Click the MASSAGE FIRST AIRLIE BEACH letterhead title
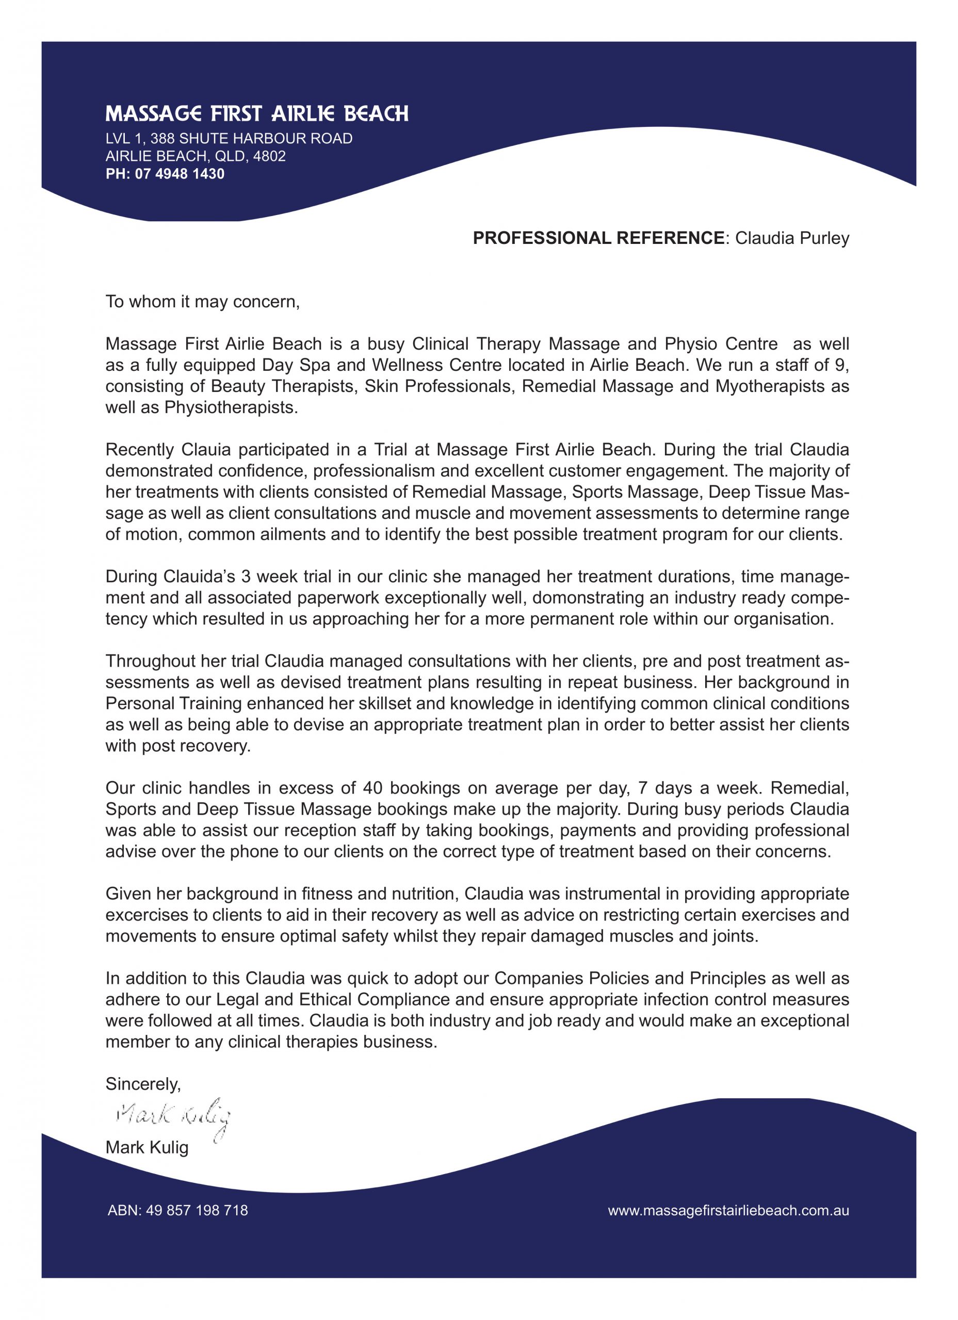tap(257, 113)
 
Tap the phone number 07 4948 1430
tap(180, 174)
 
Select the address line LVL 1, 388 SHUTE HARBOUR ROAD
tap(229, 139)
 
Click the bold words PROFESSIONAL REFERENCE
tap(598, 238)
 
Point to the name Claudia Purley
tap(792, 238)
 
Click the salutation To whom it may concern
tap(202, 302)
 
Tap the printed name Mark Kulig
tap(147, 1147)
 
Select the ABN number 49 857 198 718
tap(197, 1211)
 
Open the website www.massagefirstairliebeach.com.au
tap(728, 1211)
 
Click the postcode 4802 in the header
tap(269, 156)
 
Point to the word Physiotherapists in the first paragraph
tap(231, 407)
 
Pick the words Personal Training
tap(173, 703)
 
